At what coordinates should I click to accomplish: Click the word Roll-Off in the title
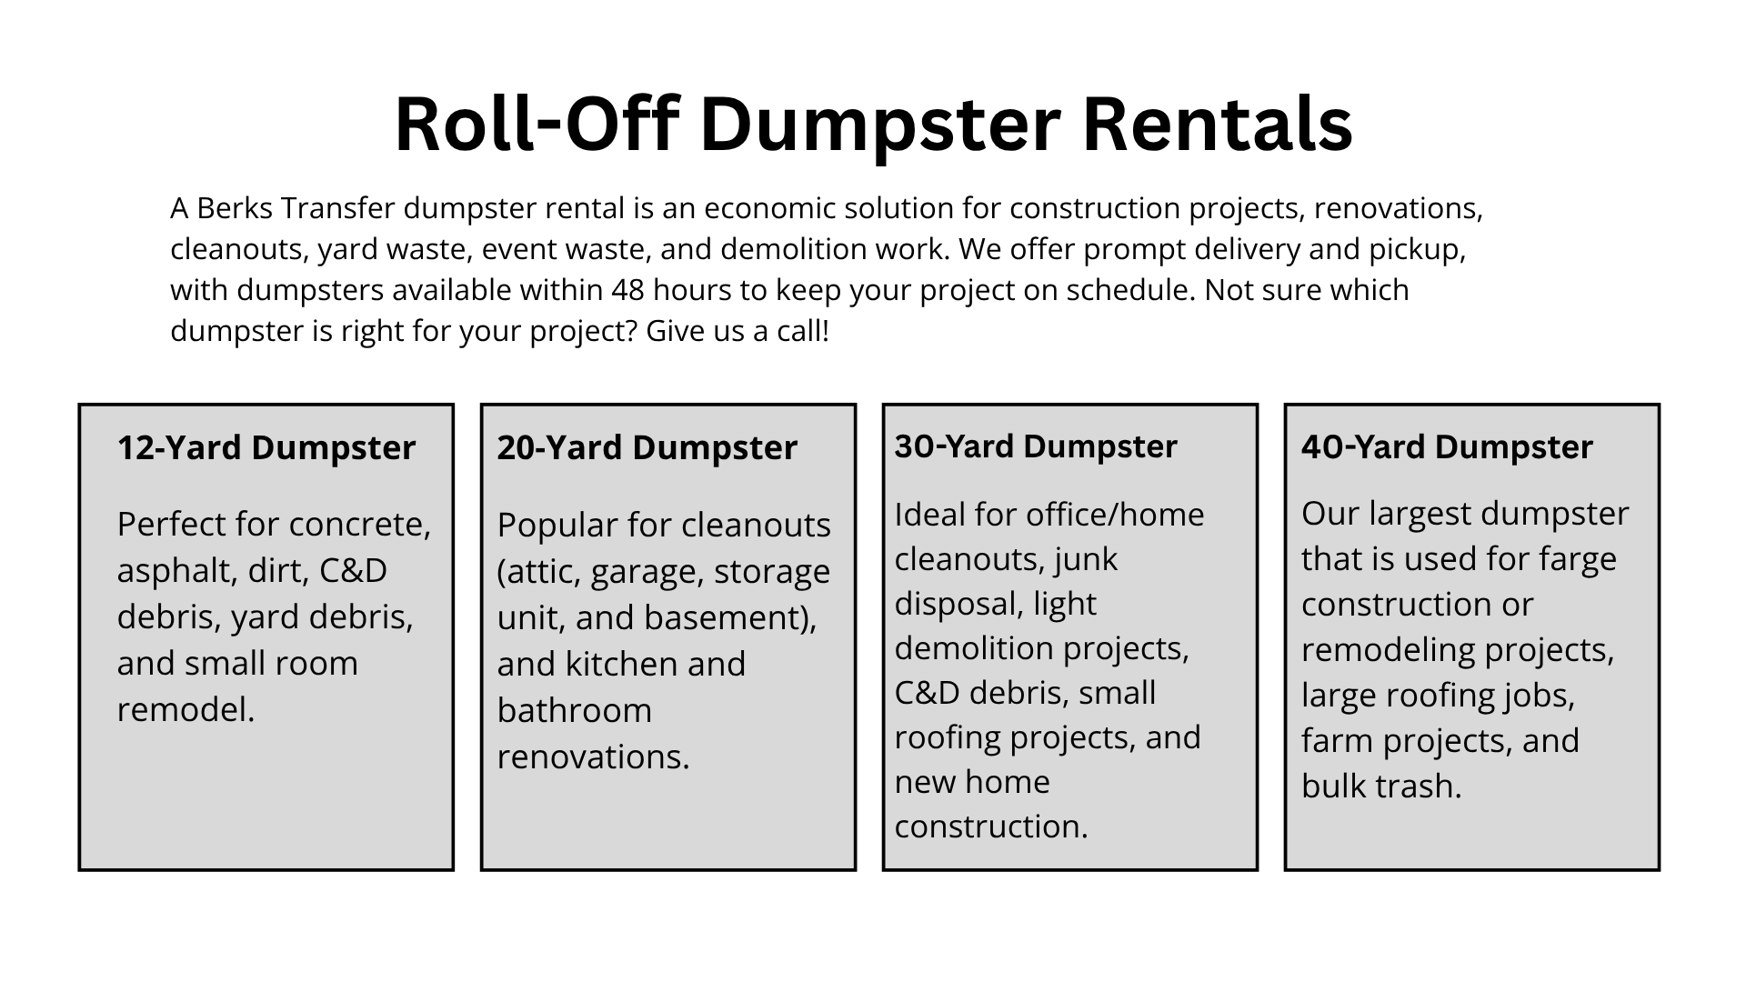pos(537,124)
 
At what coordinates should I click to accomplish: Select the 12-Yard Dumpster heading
pos(266,447)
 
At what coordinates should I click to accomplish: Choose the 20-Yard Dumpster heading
pos(647,447)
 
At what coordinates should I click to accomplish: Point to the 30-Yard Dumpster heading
pos(1036,446)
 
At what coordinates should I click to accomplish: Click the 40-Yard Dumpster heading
pos(1447,447)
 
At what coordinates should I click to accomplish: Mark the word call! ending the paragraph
pos(803,331)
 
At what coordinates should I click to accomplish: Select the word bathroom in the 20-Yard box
pos(575,710)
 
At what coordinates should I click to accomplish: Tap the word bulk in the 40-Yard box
pos(1333,787)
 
